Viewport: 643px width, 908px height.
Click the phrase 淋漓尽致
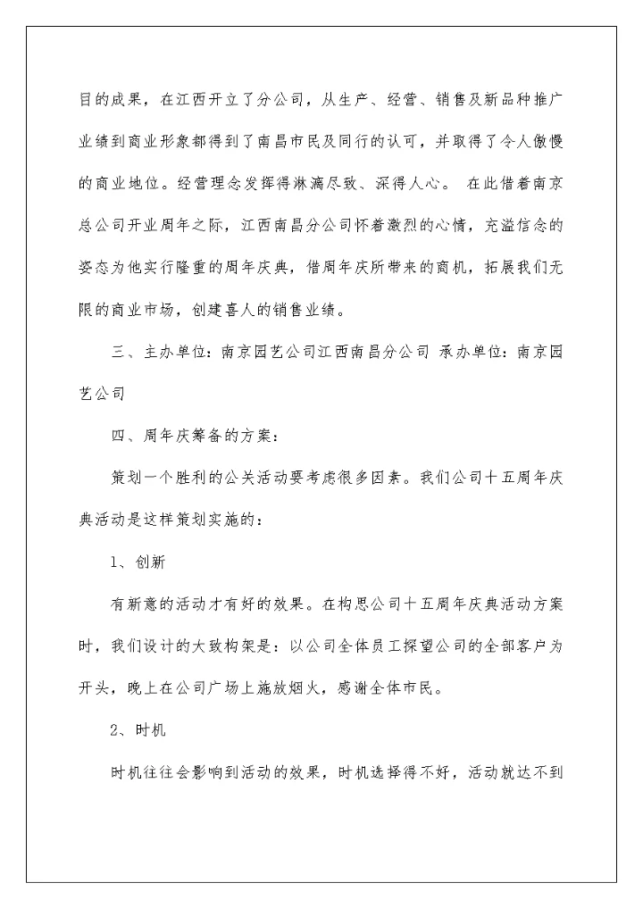point(323,186)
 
